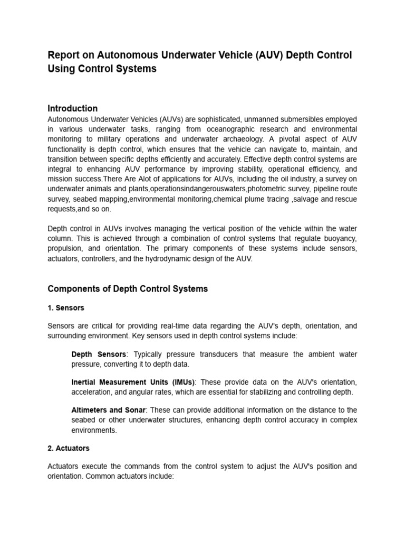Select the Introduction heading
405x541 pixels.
72,108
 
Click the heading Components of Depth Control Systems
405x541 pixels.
128,288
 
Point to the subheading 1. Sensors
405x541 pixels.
66,307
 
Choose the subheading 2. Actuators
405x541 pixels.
69,448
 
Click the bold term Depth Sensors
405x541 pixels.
99,354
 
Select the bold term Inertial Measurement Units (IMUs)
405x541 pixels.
133,382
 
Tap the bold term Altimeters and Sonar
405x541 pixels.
108,410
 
